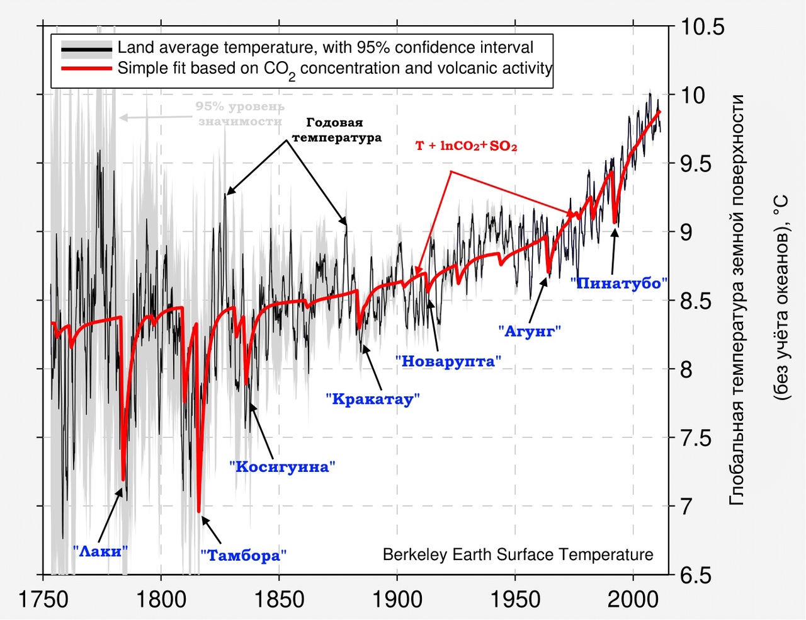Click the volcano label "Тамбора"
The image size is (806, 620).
coord(244,555)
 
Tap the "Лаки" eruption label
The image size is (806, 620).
coord(101,551)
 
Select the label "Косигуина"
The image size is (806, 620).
coord(281,467)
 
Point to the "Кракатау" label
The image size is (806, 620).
coord(372,399)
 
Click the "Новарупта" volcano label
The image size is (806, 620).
coord(448,361)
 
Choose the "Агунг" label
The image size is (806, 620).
coord(529,331)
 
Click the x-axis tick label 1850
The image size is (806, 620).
coord(279,599)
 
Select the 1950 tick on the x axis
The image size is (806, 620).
coord(515,599)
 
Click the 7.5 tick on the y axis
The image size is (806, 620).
coord(697,438)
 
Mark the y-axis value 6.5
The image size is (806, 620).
coord(697,575)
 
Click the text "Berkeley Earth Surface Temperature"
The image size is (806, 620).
coord(518,554)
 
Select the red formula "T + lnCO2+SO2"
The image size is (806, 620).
coord(466,146)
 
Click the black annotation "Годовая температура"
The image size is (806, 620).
coord(336,130)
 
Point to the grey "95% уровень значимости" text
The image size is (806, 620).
coord(239,114)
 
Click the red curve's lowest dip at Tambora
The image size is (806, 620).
coord(199,511)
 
